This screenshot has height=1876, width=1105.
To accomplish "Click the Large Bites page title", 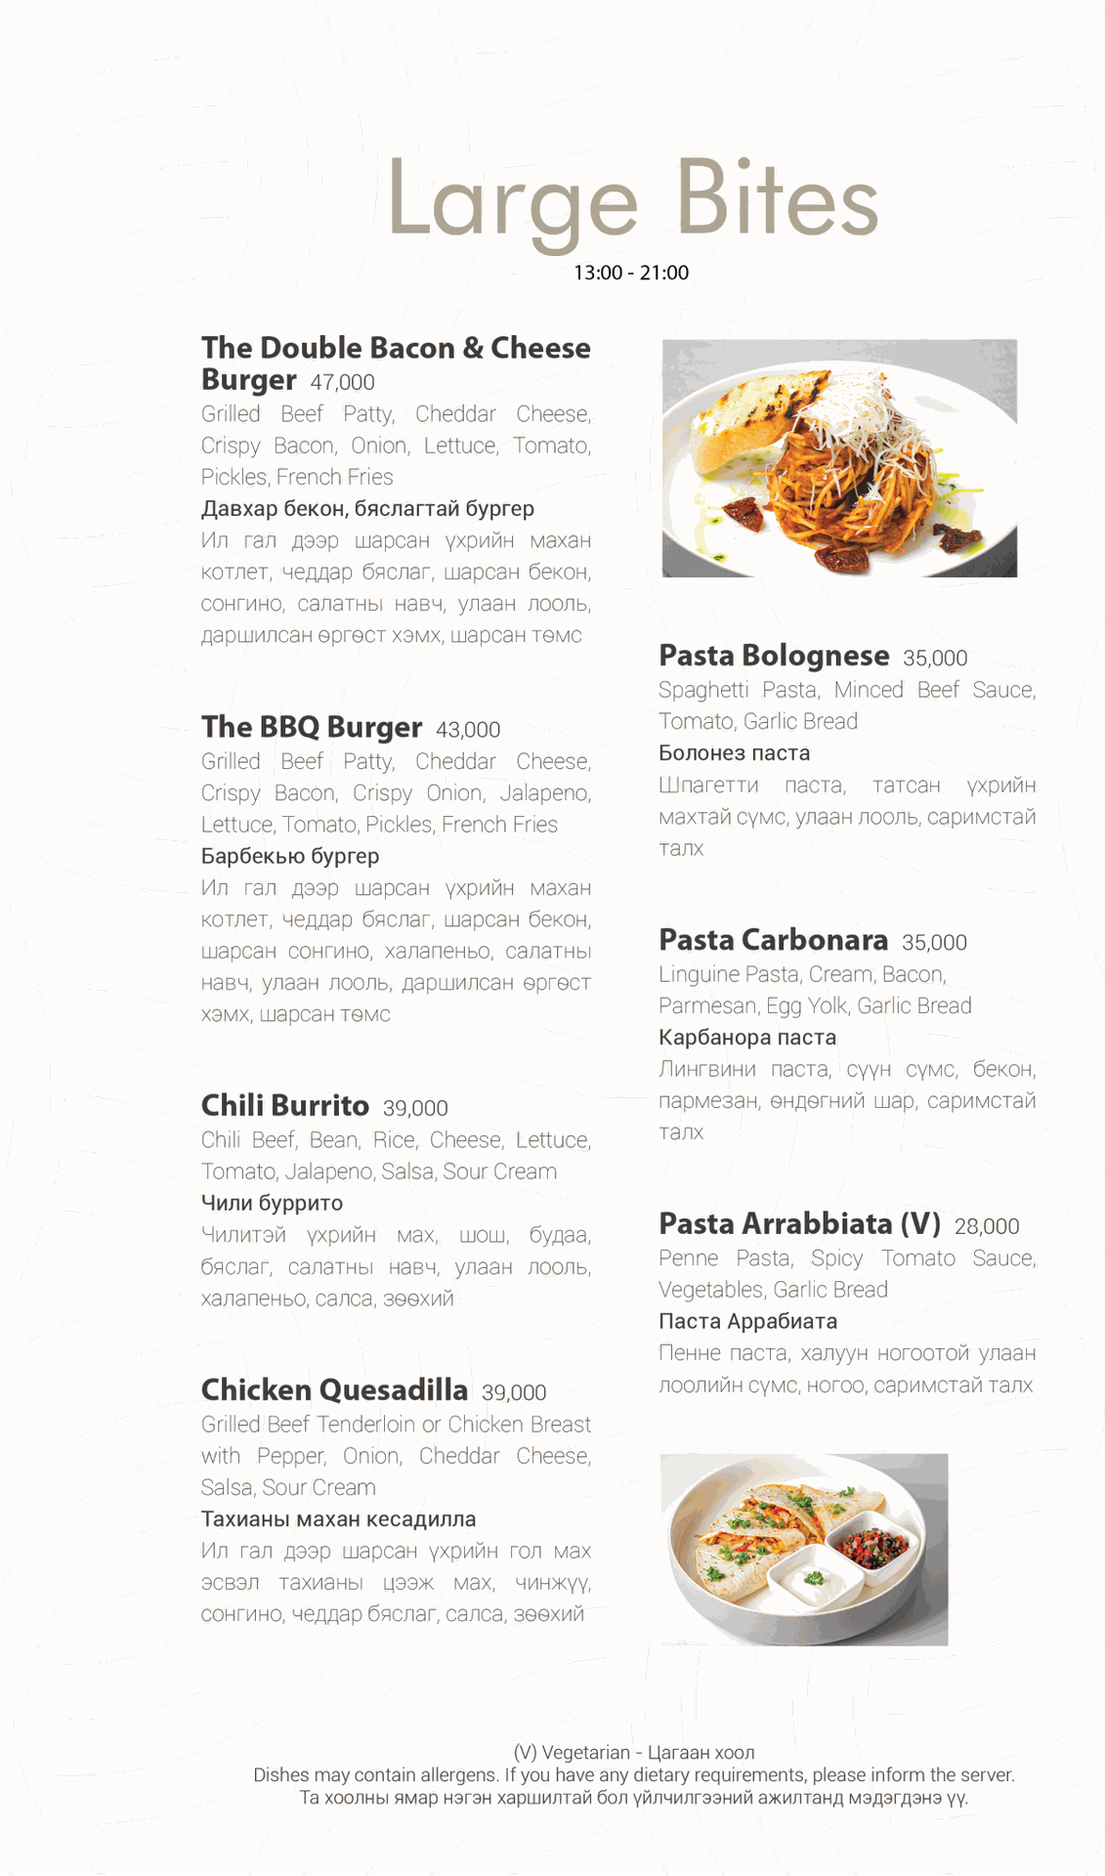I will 632,199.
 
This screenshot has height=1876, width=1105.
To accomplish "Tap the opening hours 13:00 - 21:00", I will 631,273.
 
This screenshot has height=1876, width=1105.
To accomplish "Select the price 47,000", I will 342,382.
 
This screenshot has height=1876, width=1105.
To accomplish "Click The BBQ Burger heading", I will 312,727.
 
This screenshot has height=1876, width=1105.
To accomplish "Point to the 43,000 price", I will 468,730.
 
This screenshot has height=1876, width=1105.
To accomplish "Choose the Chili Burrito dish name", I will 285,1105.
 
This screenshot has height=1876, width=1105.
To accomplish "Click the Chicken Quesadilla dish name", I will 334,1389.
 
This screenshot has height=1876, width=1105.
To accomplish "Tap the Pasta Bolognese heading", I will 774,655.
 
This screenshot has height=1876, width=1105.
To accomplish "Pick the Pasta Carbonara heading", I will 773,939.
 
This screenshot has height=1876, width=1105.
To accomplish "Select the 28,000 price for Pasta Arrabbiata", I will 987,1226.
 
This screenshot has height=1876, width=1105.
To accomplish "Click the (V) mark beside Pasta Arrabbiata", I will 920,1223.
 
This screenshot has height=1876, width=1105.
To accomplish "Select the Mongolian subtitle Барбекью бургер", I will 290,856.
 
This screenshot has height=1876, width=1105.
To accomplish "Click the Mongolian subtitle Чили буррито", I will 272,1203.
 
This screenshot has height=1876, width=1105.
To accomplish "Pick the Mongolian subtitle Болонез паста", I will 734,753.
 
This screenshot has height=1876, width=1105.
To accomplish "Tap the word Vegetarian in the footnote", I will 585,1752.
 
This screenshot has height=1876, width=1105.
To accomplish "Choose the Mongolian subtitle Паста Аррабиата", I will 747,1321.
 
